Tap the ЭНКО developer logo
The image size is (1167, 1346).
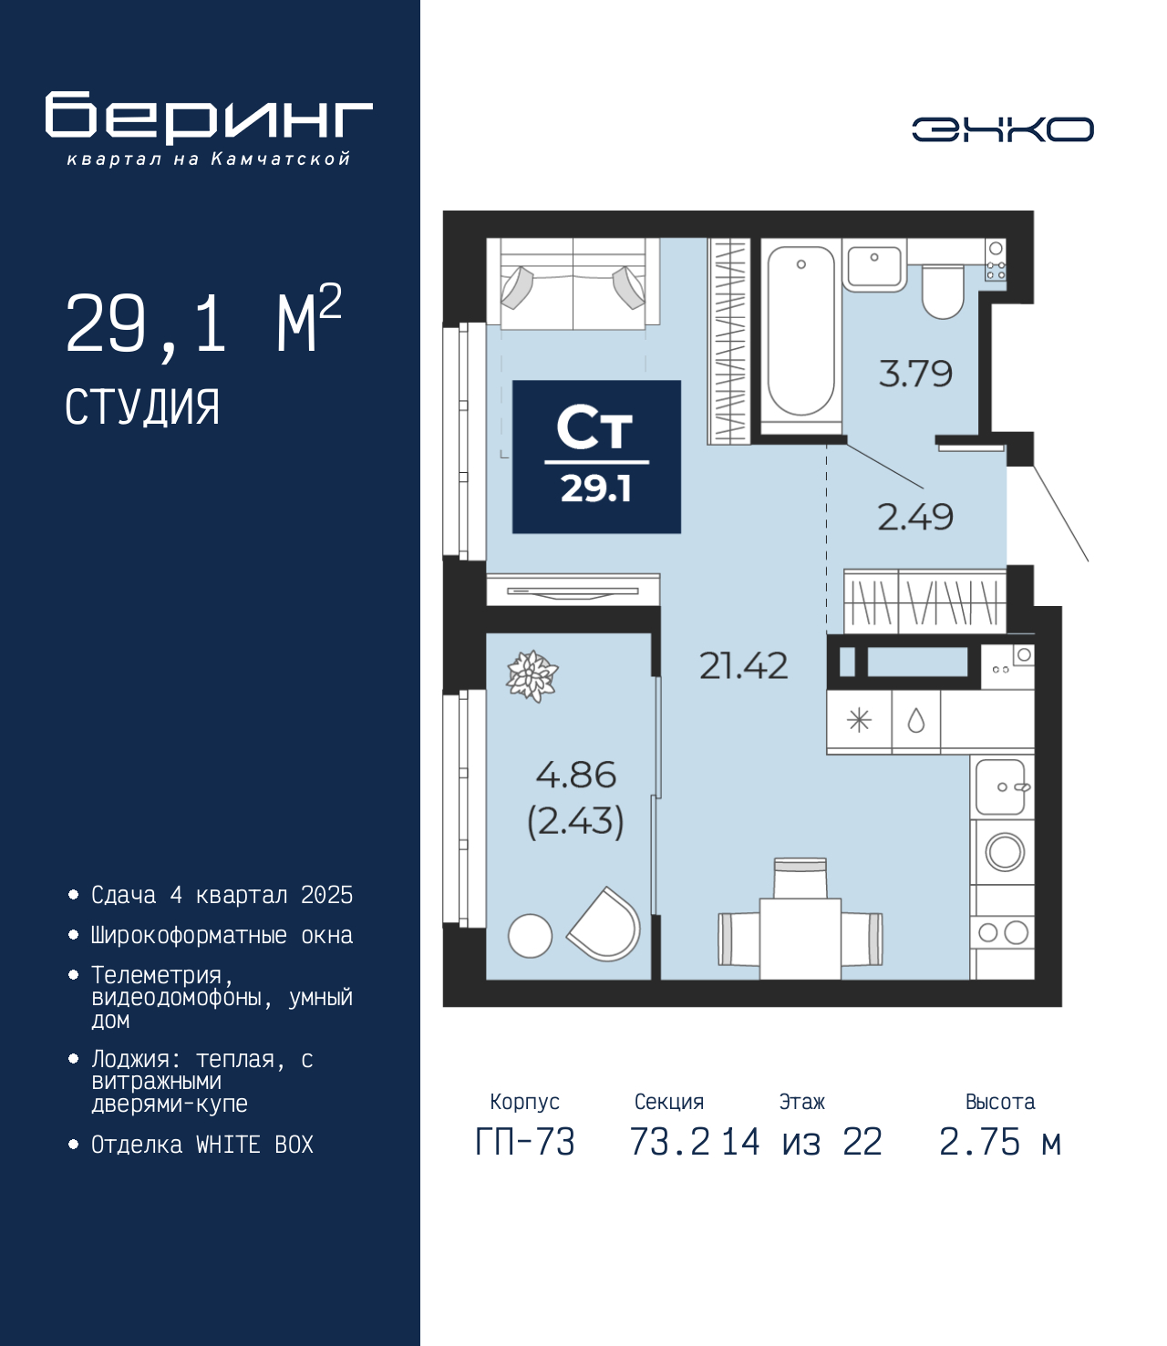click(x=1002, y=128)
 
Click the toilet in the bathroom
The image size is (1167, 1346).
click(x=942, y=291)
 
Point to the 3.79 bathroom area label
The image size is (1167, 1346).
click(x=915, y=374)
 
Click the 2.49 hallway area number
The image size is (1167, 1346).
click(x=915, y=517)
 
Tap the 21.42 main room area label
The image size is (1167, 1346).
click(x=743, y=665)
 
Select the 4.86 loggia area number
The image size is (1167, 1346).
click(x=576, y=775)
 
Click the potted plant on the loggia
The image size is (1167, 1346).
click(x=532, y=676)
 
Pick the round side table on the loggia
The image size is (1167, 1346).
click(x=530, y=936)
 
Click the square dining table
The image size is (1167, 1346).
click(x=800, y=939)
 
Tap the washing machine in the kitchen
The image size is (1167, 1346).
click(x=1004, y=852)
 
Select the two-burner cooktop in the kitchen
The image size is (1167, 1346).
click(x=1003, y=932)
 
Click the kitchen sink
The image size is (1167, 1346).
click(x=1000, y=786)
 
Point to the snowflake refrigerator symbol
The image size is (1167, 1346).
click(x=859, y=721)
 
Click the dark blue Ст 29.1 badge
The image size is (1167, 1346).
click(x=597, y=457)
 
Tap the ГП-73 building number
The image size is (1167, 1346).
click(x=525, y=1142)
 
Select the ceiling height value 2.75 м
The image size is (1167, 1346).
click(x=1000, y=1142)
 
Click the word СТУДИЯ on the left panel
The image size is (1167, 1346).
click(x=142, y=407)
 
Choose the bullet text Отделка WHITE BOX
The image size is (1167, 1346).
click(x=202, y=1144)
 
